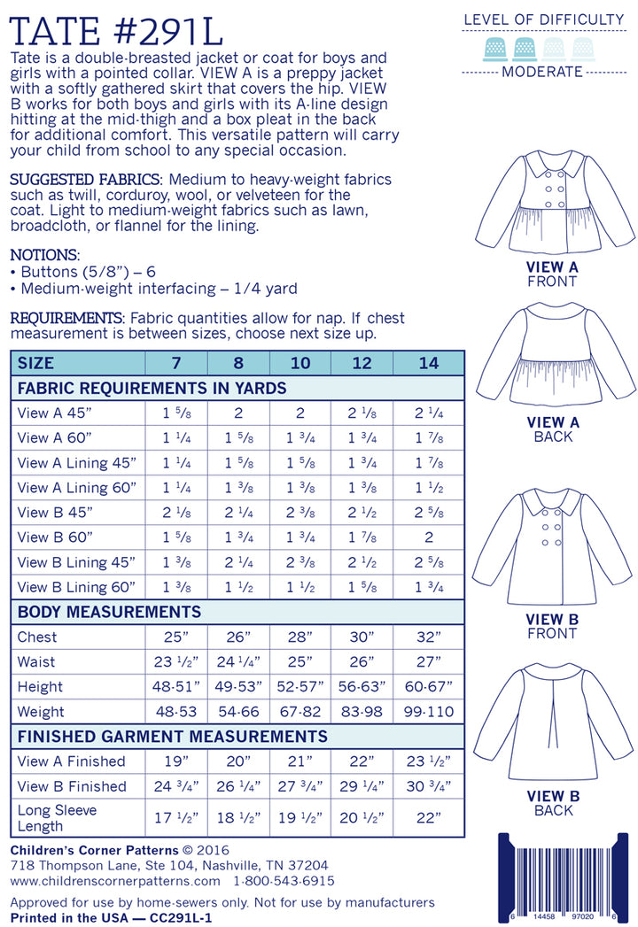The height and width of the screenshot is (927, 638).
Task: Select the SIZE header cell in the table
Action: [35, 363]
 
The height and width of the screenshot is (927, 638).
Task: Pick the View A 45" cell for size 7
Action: [176, 413]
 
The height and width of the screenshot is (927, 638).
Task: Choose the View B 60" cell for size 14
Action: [429, 537]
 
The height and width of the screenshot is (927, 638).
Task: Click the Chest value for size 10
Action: [300, 637]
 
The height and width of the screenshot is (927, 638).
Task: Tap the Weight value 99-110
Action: [429, 711]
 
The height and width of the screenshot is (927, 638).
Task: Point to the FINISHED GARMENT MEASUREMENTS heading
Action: [173, 737]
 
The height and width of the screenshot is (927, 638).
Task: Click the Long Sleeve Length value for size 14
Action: [429, 817]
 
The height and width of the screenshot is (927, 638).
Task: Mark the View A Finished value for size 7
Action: [176, 761]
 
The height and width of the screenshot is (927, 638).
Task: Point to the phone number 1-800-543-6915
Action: [284, 881]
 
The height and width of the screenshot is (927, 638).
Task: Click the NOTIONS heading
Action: [43, 254]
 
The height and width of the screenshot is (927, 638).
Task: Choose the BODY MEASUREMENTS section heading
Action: [109, 612]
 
